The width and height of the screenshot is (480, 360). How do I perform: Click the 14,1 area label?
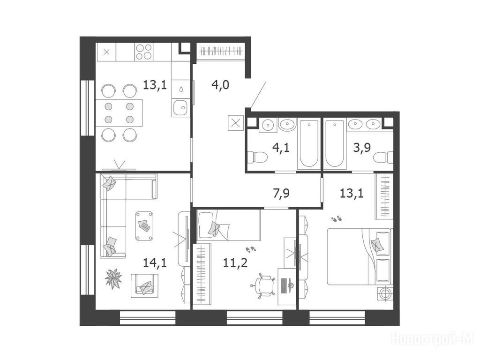pyautogui.click(x=155, y=262)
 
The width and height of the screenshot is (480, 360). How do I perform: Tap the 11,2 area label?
pyautogui.click(x=235, y=262)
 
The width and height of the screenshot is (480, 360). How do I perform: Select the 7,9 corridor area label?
pyautogui.click(x=281, y=194)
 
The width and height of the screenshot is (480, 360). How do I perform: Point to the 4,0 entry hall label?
pyautogui.click(x=220, y=85)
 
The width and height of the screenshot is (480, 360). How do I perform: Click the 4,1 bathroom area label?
pyautogui.click(x=281, y=148)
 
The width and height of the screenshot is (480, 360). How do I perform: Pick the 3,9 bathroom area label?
pyautogui.click(x=362, y=148)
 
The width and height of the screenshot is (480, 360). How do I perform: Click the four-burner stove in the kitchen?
pyautogui.click(x=144, y=52)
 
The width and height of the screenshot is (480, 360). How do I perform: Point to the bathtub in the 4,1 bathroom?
pyautogui.click(x=309, y=144)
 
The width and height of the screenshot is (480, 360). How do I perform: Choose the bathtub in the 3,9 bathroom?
pyautogui.click(x=335, y=144)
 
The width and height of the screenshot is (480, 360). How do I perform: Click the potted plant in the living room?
pyautogui.click(x=113, y=278)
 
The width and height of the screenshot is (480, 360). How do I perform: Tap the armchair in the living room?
pyautogui.click(x=145, y=285)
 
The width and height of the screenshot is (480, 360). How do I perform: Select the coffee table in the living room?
pyautogui.click(x=144, y=226)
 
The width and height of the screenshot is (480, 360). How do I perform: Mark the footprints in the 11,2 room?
pyautogui.click(x=251, y=249)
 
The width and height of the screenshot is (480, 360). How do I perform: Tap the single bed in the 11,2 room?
pyautogui.click(x=229, y=225)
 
